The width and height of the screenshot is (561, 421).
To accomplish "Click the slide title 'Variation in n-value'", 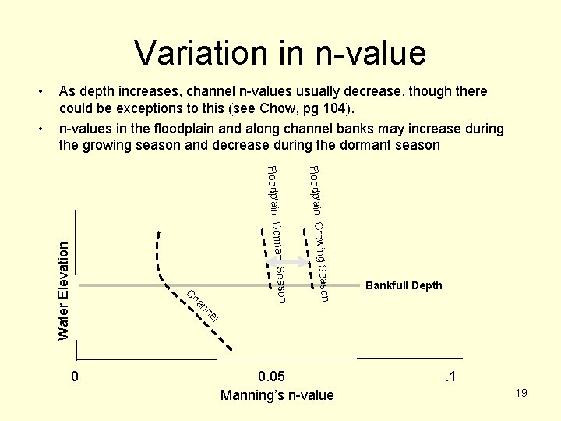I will tap(280, 53).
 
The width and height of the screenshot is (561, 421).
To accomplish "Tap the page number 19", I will tap(521, 393).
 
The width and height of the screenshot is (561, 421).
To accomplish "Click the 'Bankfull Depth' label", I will tap(404, 285).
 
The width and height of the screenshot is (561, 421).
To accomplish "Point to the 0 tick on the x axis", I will tap(74, 377).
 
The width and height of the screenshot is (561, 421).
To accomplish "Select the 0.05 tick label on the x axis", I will tap(277, 377).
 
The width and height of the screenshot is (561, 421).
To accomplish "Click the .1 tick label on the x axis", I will tap(450, 377).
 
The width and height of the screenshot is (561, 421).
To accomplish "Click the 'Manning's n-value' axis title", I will tap(277, 395).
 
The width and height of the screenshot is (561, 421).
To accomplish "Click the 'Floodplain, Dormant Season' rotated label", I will tap(277, 234).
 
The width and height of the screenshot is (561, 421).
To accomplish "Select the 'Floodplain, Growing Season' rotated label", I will tap(319, 234).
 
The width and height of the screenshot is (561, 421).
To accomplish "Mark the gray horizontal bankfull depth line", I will tap(234, 286).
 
